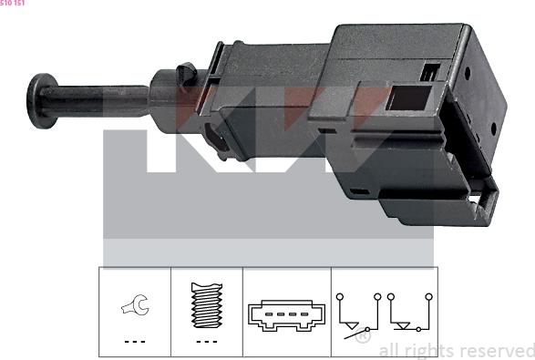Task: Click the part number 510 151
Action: click(13, 4)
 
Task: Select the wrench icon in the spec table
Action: click(134, 309)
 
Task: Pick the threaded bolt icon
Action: click(206, 306)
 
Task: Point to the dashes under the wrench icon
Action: click(134, 342)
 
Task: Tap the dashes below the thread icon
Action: click(206, 342)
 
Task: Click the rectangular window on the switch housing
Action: click(402, 96)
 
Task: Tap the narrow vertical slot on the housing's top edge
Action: click(427, 72)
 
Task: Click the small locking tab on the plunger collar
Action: click(187, 71)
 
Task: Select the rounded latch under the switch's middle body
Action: click(215, 141)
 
